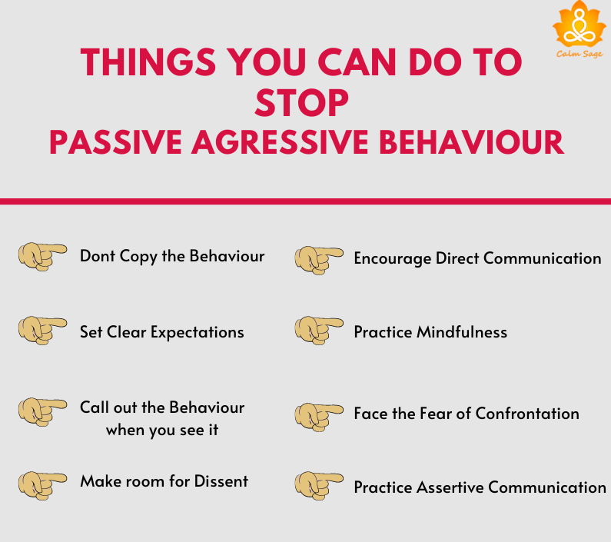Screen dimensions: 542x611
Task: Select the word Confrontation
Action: click(x=527, y=414)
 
